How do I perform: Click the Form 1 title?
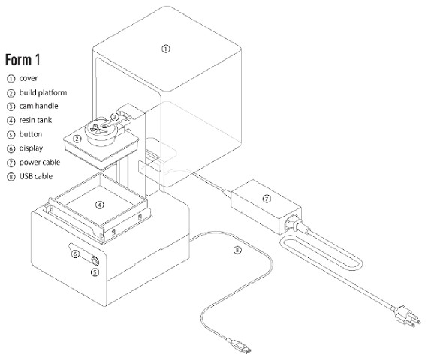tap(23, 60)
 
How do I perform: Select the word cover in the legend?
tap(29, 78)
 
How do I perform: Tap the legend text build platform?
tap(43, 92)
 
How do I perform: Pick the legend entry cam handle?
tap(38, 106)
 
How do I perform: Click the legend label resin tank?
tap(35, 120)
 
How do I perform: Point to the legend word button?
tap(31, 134)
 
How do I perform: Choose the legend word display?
tap(31, 148)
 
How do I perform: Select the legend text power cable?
tap(40, 163)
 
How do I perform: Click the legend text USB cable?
tap(36, 176)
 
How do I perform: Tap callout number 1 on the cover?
tap(166, 49)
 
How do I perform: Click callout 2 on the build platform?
tap(77, 139)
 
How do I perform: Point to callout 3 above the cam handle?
tap(115, 117)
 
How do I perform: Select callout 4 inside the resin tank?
tap(100, 205)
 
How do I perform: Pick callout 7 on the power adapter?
tap(267, 199)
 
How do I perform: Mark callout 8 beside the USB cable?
tap(237, 250)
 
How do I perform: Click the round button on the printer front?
tap(95, 261)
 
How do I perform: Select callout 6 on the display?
tap(75, 254)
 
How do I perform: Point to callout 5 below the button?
tap(95, 272)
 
